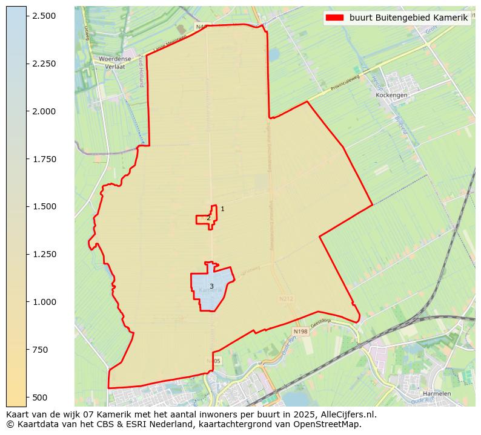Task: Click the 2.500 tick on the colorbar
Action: (x=44, y=16)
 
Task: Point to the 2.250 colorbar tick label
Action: (x=44, y=64)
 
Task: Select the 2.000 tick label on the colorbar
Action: (x=44, y=111)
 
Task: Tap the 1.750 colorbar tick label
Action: (x=44, y=159)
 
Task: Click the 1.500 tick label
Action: (x=44, y=206)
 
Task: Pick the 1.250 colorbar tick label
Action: (x=44, y=254)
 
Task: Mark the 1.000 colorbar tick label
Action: (x=44, y=302)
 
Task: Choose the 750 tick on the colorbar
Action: (x=40, y=350)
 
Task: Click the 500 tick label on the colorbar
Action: (x=40, y=397)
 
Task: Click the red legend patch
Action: (x=334, y=18)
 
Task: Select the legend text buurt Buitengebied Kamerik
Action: (x=408, y=18)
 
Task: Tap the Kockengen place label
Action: (x=391, y=95)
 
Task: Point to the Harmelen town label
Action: (x=437, y=394)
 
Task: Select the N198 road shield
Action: (x=300, y=332)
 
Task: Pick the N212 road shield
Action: (x=286, y=299)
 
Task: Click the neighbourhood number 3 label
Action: (x=211, y=286)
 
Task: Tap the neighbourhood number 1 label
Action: (x=222, y=209)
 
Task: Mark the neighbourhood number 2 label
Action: (x=208, y=218)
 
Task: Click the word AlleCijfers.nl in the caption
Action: (x=343, y=415)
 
